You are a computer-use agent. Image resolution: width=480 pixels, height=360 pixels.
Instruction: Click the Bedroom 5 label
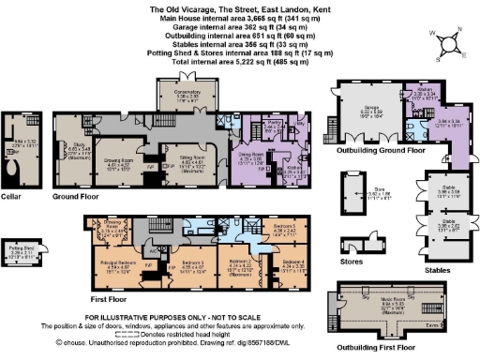286,228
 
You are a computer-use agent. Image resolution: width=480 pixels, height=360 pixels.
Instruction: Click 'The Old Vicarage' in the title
179,8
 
